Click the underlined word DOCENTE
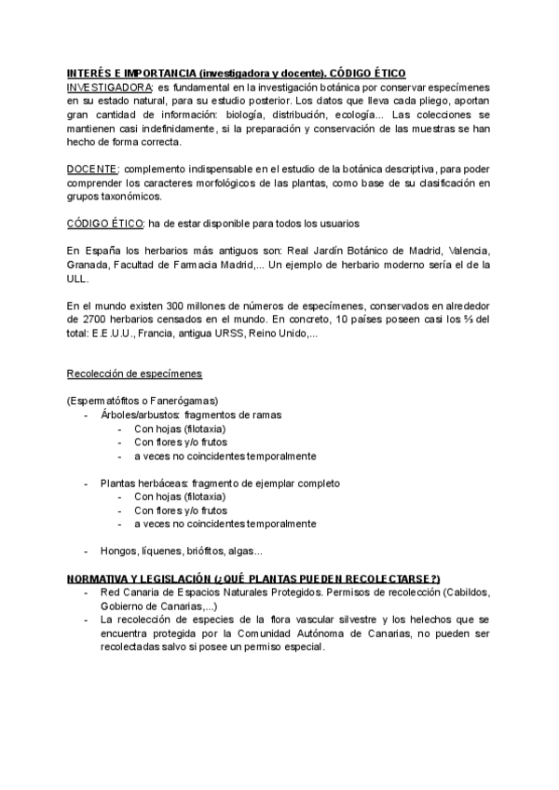(92, 169)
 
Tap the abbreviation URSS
(232, 334)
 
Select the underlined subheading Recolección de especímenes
(134, 375)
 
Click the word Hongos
(118, 551)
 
